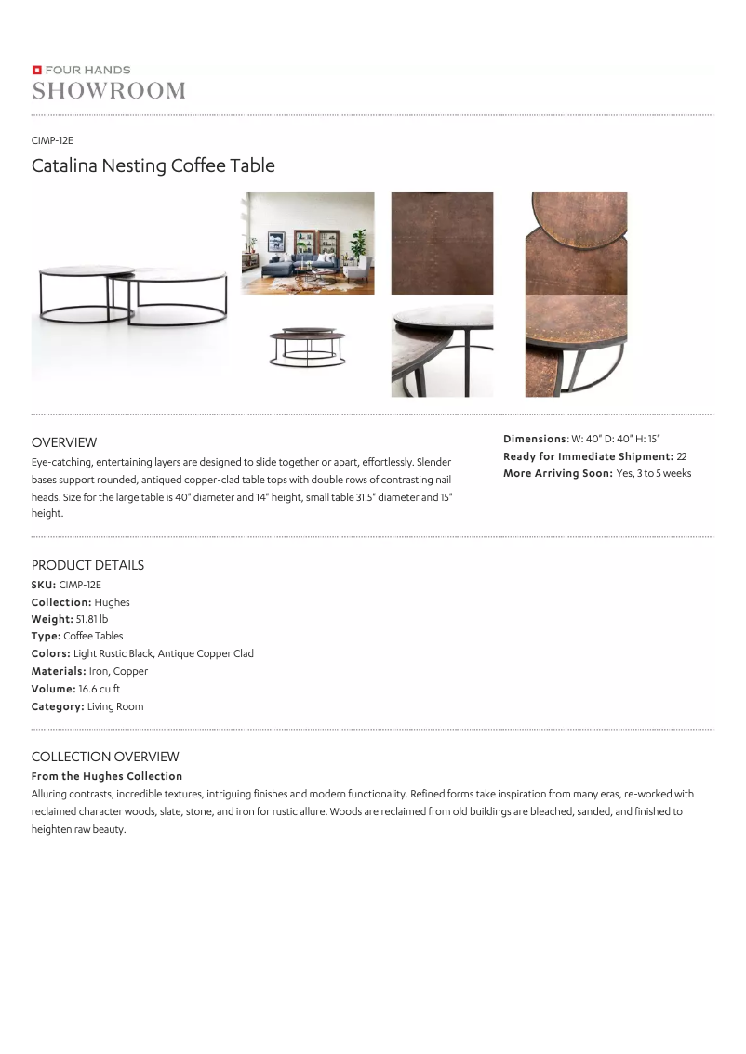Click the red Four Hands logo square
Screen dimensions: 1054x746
(x=36, y=70)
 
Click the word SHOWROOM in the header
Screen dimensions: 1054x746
(x=109, y=90)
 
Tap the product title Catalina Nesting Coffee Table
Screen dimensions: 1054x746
(x=153, y=166)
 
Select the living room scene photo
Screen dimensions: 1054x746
(x=308, y=244)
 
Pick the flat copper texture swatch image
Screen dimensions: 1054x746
(x=442, y=244)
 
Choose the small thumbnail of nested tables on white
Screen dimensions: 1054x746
(x=308, y=348)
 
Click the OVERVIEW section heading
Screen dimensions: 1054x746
(x=64, y=442)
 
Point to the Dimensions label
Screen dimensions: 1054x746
(x=535, y=439)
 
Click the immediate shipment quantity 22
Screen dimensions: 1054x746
(x=682, y=456)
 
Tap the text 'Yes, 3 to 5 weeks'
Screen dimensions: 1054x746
(x=653, y=474)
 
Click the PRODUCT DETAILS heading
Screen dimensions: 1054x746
(x=87, y=565)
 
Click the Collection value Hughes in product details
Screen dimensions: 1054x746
(x=112, y=602)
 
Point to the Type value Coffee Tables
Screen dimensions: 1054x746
(x=93, y=637)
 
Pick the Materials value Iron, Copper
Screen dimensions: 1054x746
(x=119, y=672)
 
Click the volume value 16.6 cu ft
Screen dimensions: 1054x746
(x=100, y=690)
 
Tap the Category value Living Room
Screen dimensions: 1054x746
(x=115, y=707)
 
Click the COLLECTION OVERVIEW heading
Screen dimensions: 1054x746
(x=105, y=757)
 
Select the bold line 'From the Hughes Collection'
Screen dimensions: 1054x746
(x=107, y=776)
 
